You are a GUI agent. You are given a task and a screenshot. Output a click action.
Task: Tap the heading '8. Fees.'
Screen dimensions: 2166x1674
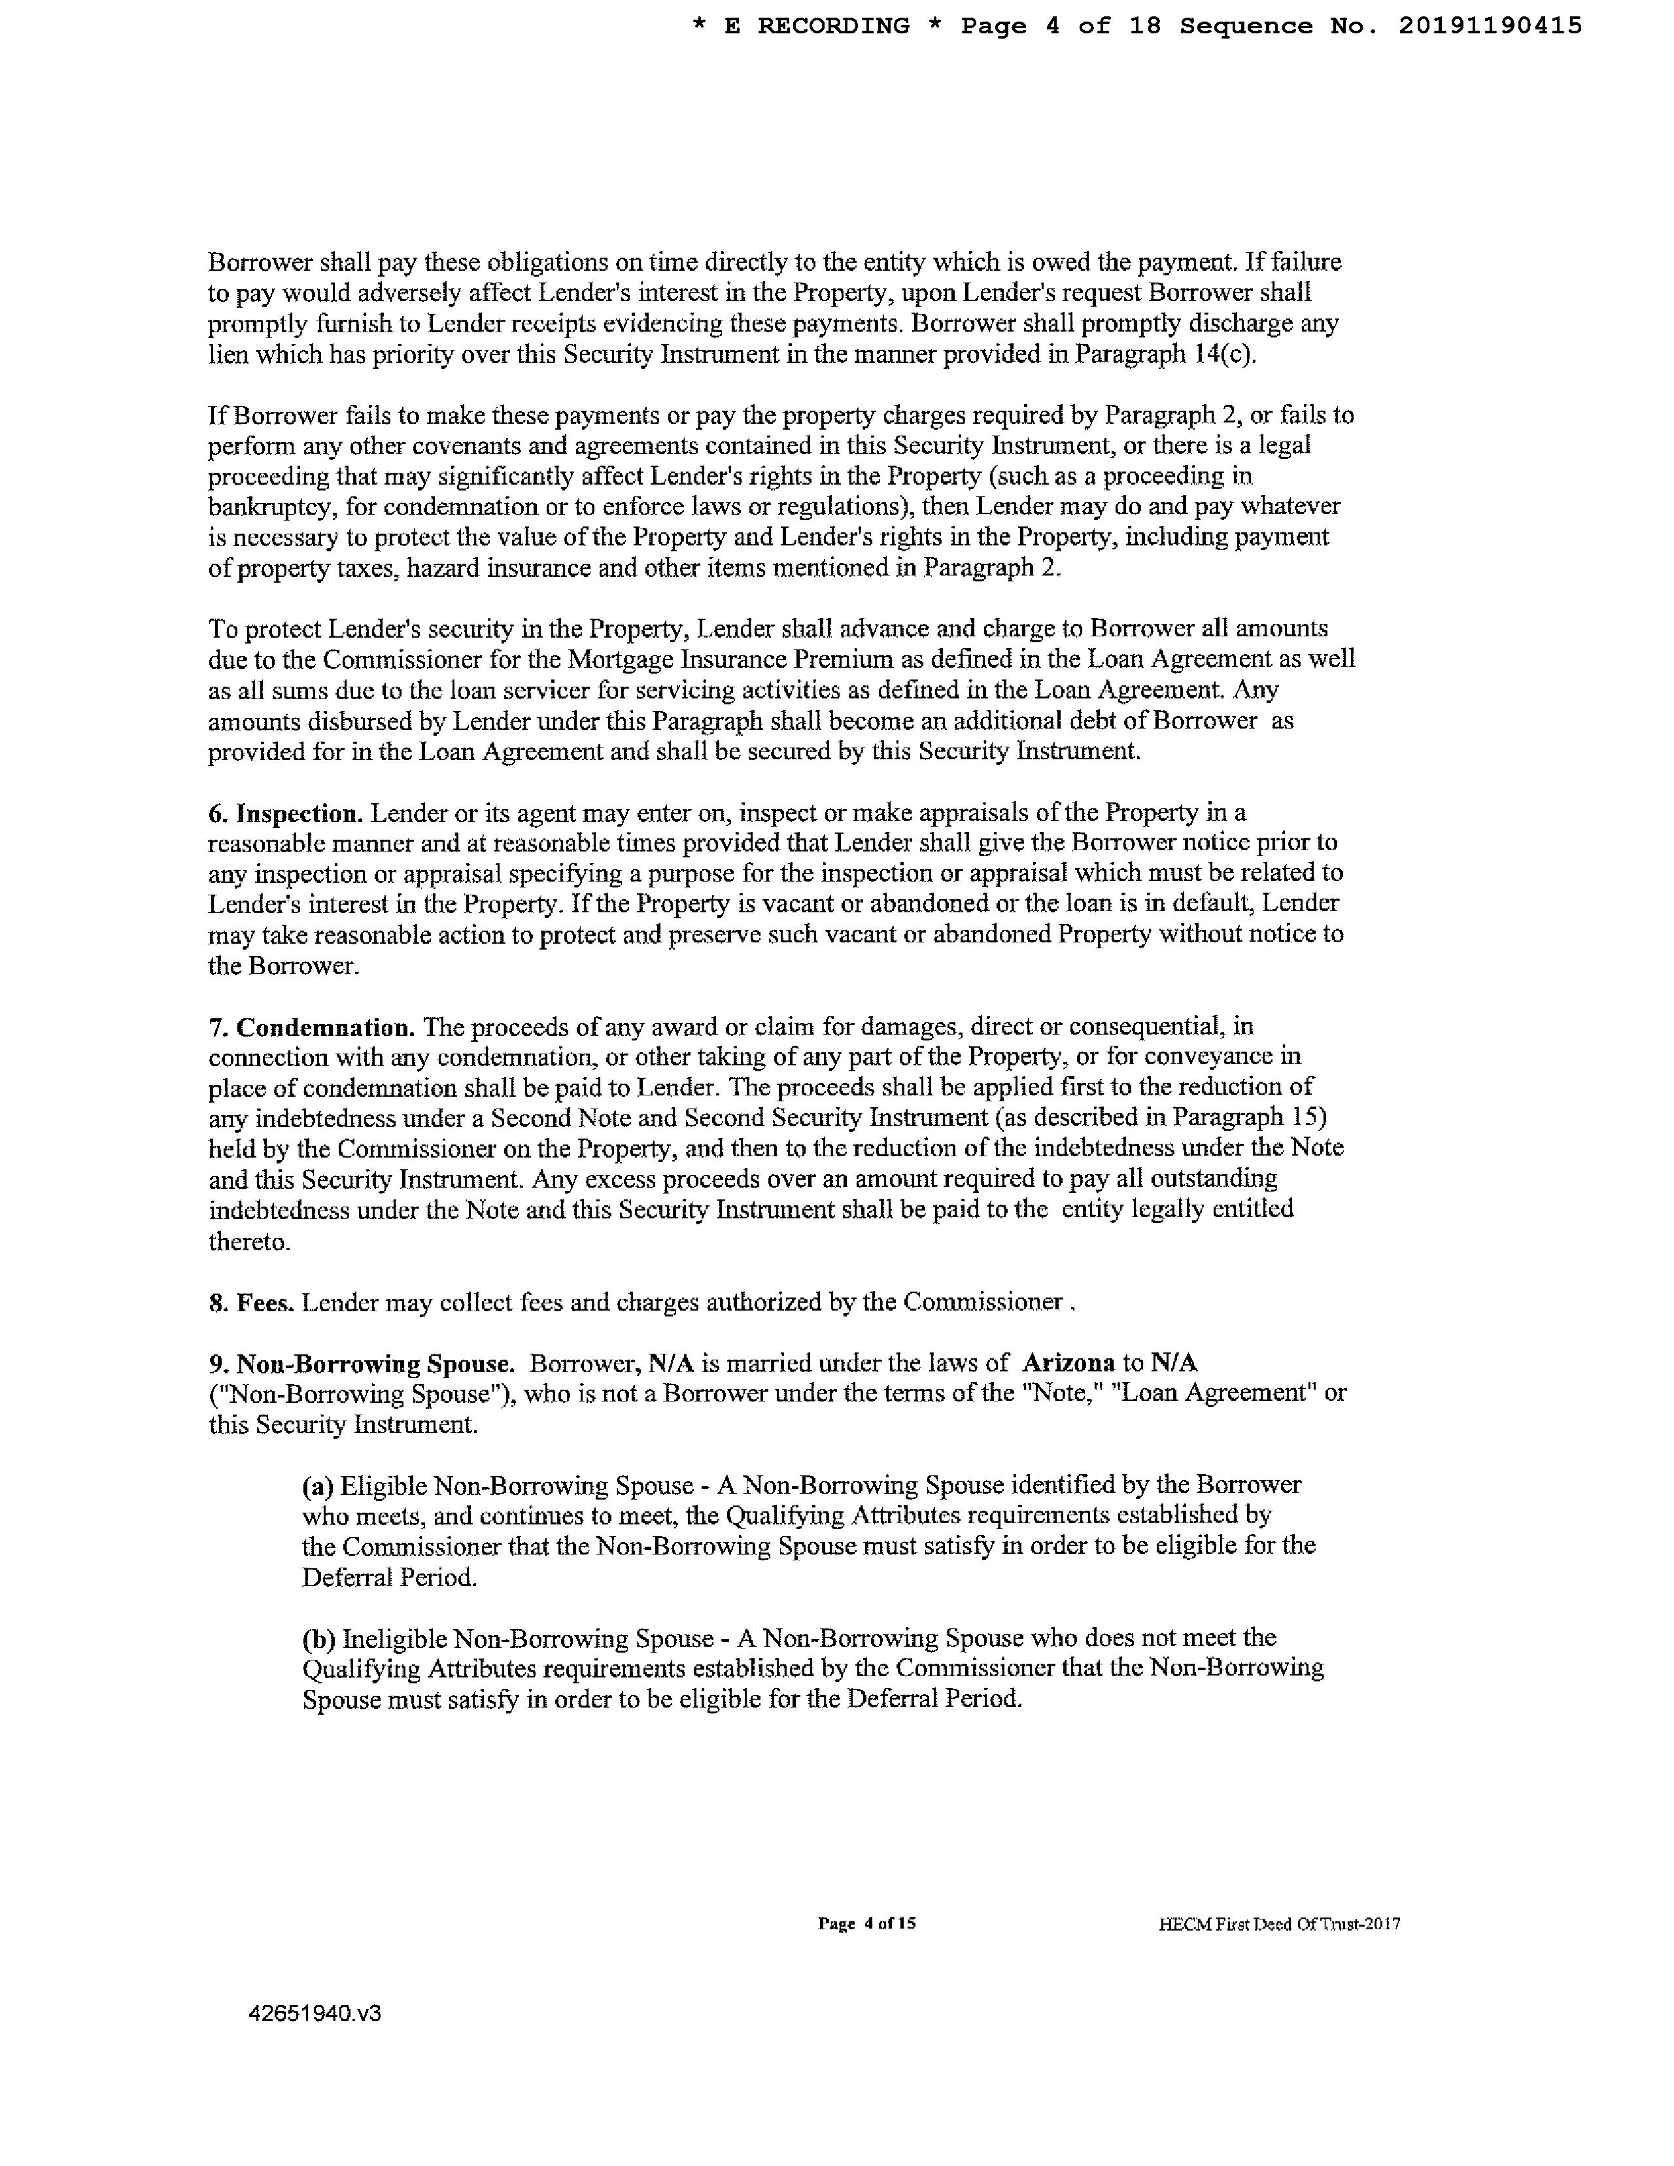tap(251, 1302)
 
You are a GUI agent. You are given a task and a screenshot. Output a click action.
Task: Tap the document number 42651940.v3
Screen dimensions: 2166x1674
tap(315, 2012)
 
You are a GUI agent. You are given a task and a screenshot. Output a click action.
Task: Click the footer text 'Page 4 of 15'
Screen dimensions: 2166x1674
tap(866, 1924)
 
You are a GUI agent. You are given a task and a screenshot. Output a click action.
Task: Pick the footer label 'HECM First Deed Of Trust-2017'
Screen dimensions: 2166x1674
tap(1279, 1925)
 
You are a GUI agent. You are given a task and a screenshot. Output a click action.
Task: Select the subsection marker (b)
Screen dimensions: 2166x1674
tap(318, 1638)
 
